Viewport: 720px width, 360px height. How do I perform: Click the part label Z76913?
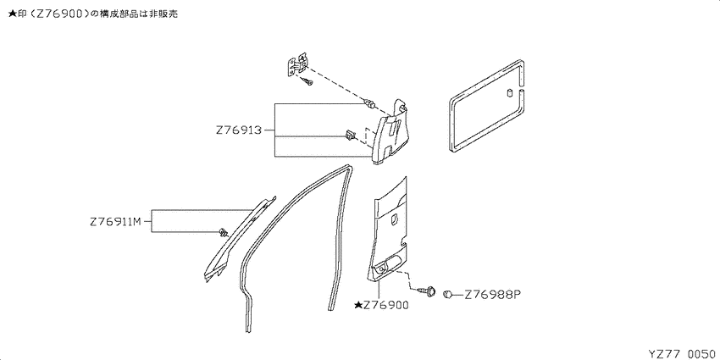(238, 130)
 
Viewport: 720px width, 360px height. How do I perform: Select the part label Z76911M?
(115, 222)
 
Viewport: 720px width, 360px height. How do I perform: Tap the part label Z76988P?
(493, 294)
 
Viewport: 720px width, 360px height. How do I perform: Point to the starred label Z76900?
(381, 305)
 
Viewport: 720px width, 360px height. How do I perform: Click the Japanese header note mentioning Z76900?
(93, 14)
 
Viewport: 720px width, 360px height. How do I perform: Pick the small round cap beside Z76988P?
(448, 294)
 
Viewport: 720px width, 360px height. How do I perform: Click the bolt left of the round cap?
(427, 291)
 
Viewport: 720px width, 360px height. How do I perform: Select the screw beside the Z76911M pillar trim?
(224, 231)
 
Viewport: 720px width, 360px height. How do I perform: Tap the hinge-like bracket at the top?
(297, 65)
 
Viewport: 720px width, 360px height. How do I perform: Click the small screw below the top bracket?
(307, 82)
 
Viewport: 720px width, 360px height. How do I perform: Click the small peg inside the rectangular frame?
(510, 92)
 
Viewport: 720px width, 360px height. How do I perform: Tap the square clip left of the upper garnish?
(350, 136)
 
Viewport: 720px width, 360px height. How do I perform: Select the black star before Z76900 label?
(357, 305)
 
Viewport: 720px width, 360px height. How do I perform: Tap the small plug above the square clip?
(368, 103)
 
